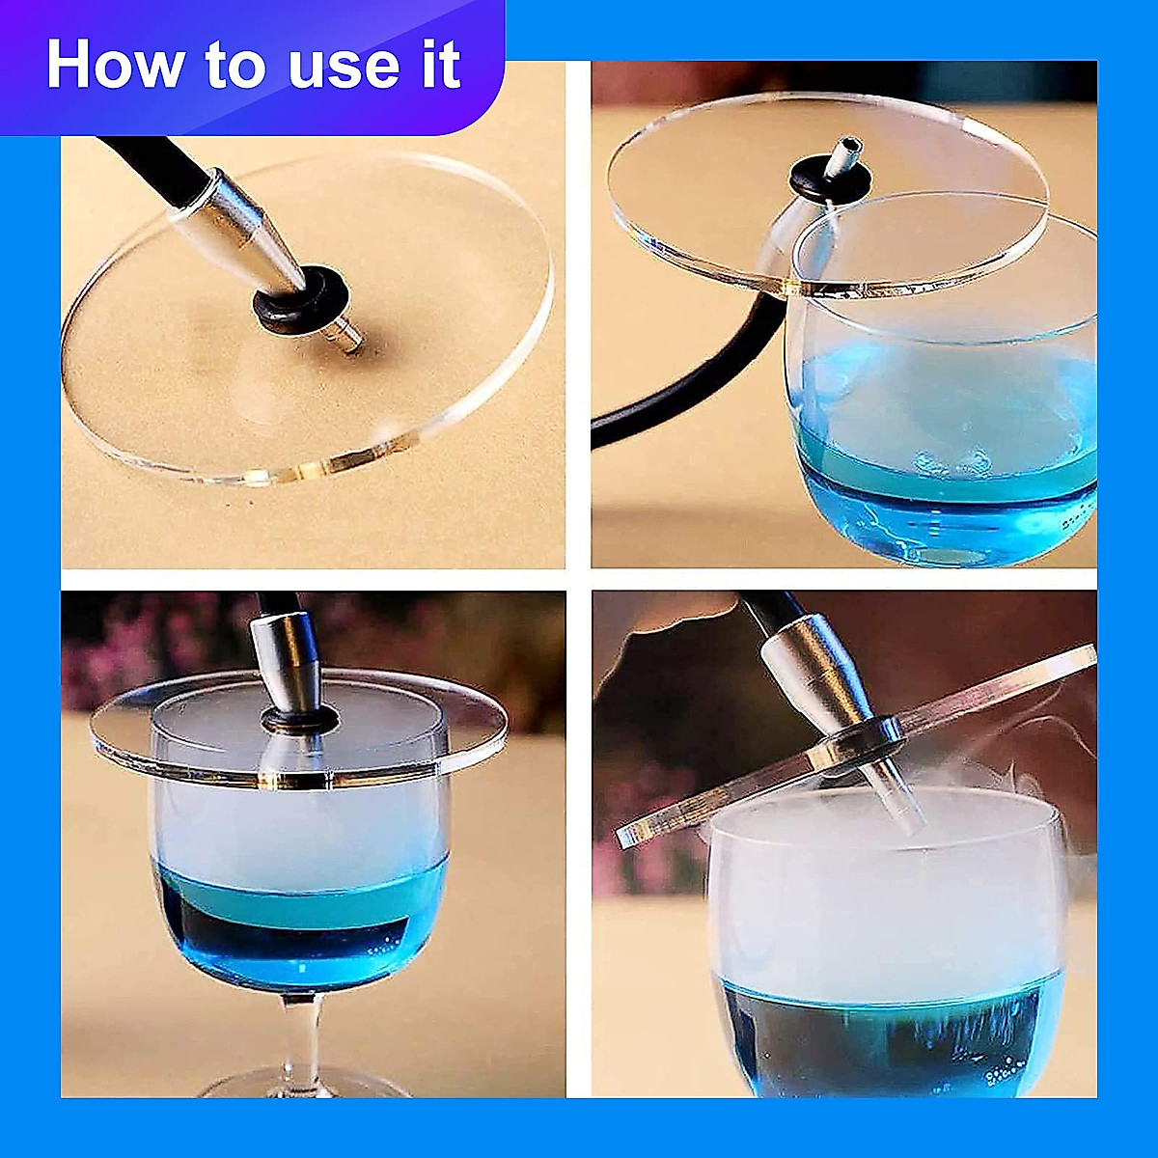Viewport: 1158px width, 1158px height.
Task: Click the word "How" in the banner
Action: pos(114,64)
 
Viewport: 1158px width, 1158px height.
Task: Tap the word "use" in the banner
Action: pos(344,69)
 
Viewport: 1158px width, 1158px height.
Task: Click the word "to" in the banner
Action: pos(234,67)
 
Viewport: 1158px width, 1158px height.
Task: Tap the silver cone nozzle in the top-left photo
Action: pos(254,229)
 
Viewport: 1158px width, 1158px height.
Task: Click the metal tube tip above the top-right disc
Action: pos(845,157)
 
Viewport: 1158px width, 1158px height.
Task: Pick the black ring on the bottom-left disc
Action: pos(299,718)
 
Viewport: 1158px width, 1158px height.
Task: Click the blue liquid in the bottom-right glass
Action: pos(890,1039)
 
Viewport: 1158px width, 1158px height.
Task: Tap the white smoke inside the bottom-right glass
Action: pos(883,901)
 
